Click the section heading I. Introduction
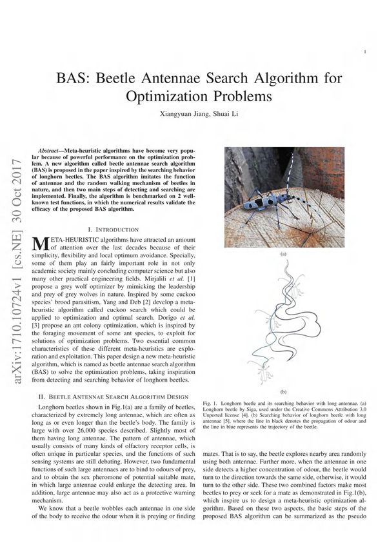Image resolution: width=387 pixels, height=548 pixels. point(113,230)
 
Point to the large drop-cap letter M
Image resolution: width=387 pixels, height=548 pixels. point(40,244)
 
